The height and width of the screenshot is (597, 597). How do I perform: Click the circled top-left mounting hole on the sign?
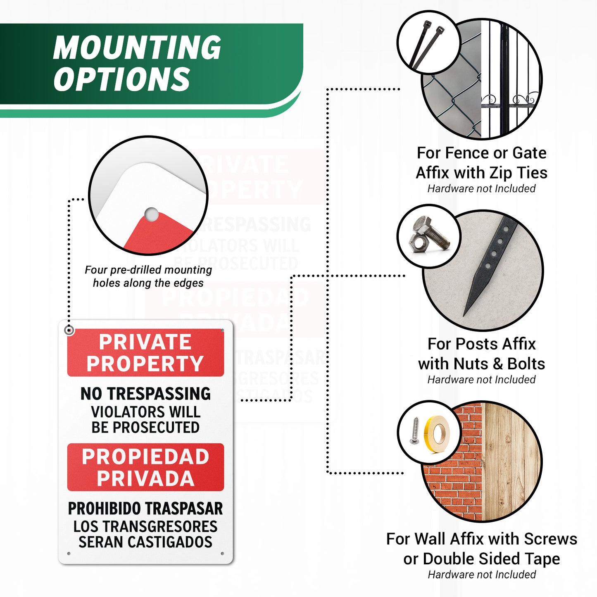pyautogui.click(x=69, y=330)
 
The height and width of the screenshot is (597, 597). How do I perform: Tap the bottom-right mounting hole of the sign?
pyautogui.click(x=222, y=553)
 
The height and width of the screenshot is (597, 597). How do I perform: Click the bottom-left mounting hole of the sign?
pyautogui.click(x=69, y=553)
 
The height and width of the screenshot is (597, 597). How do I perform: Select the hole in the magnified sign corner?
pyautogui.click(x=152, y=214)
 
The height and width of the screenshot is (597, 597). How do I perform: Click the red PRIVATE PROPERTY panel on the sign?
pyautogui.click(x=145, y=352)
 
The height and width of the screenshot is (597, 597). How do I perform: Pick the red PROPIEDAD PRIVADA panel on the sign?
pyautogui.click(x=145, y=467)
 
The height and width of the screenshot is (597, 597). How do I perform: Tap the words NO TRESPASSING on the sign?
pyautogui.click(x=145, y=394)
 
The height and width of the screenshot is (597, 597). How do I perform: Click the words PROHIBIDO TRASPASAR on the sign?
pyautogui.click(x=145, y=509)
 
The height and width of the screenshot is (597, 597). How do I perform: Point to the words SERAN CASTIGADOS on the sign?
pyautogui.click(x=145, y=542)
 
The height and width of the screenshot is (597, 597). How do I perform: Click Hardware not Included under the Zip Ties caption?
pyautogui.click(x=481, y=188)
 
